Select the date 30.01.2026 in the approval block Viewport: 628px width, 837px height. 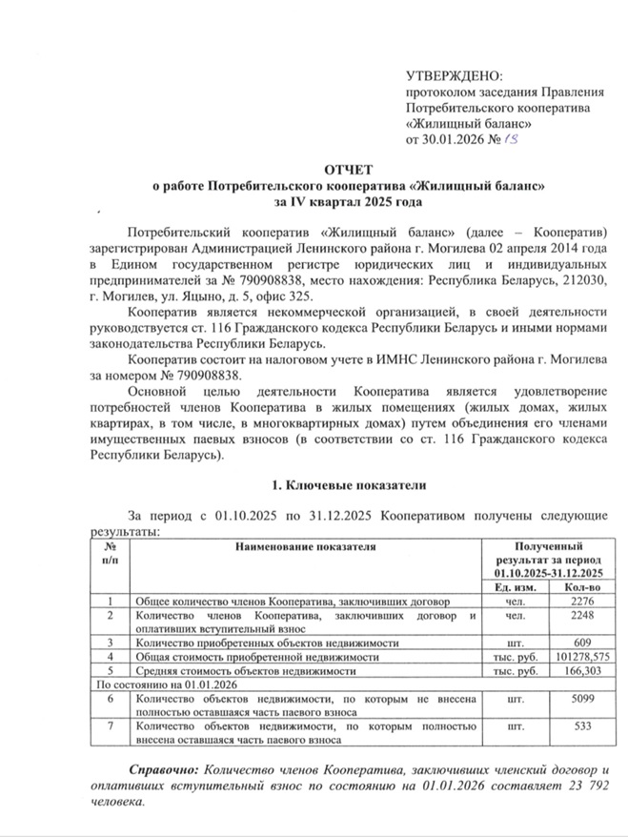coord(453,141)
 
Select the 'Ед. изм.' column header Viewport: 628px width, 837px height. coord(516,588)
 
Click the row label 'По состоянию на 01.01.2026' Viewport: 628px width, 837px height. coord(162,684)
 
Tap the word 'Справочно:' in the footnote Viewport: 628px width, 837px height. coord(161,769)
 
